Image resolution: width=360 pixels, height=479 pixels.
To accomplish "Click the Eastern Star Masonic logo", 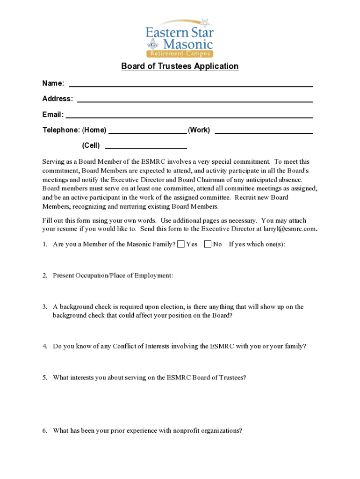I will (180, 38).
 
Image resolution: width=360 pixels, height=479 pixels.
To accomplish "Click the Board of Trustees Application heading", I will (180, 66).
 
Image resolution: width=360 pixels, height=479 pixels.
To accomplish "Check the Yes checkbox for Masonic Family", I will (180, 244).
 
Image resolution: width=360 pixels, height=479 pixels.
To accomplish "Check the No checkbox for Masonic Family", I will (208, 244).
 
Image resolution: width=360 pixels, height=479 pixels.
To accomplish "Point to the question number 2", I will (44, 276).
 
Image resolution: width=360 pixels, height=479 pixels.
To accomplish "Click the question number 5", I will (44, 377).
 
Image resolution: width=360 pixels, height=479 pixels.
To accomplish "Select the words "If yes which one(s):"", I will (257, 244).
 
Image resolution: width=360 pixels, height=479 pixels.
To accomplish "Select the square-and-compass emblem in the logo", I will (151, 45).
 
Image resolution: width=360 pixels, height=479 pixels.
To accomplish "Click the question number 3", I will (44, 307).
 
